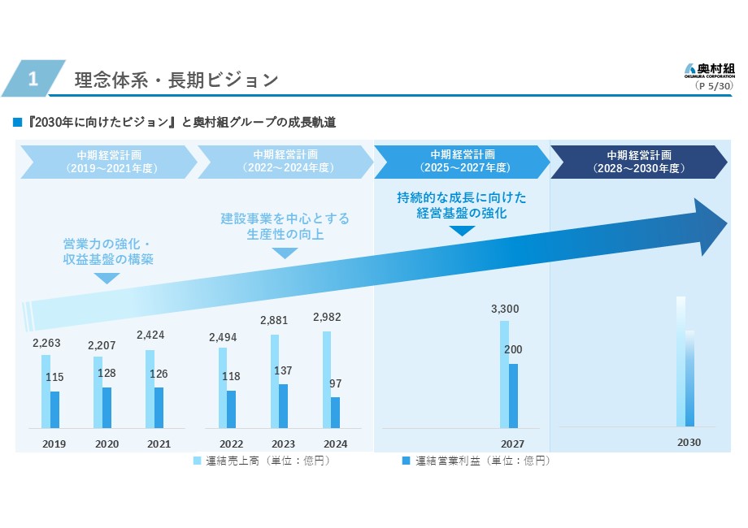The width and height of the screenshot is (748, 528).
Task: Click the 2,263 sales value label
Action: click(x=46, y=343)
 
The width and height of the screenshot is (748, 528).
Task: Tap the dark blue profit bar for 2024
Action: click(x=335, y=412)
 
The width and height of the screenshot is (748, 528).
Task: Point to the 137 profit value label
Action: click(x=282, y=370)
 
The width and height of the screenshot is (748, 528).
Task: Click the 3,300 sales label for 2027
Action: click(x=504, y=309)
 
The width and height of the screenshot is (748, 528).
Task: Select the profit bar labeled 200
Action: click(x=513, y=396)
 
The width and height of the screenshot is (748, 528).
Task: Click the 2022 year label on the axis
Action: click(x=231, y=444)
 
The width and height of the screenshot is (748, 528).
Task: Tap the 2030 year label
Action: click(x=689, y=443)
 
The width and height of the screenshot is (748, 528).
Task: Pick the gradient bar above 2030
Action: click(x=685, y=361)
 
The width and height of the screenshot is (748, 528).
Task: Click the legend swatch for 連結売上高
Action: click(x=197, y=461)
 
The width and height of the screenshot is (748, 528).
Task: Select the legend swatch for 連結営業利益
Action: click(x=406, y=461)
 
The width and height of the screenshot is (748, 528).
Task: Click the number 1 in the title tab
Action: click(x=33, y=79)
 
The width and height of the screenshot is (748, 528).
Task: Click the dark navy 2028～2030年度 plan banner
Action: click(x=638, y=162)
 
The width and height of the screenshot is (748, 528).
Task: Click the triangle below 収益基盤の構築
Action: click(x=107, y=278)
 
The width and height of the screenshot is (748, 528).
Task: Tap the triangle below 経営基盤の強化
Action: click(x=462, y=231)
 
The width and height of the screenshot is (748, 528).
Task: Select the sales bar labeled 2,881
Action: click(x=275, y=380)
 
